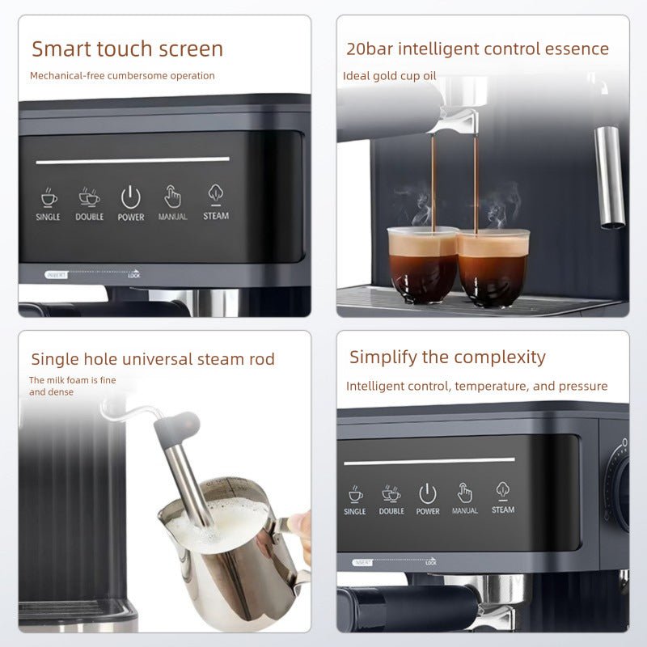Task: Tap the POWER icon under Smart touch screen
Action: tap(131, 197)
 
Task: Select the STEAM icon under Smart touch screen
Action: tap(216, 193)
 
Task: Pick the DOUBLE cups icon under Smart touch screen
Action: tap(90, 197)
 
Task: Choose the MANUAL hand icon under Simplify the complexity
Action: tap(465, 492)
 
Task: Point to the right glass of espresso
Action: tap(493, 267)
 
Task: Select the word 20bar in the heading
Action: tap(368, 49)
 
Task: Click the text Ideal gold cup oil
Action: tap(389, 76)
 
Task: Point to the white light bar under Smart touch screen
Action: tap(133, 160)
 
